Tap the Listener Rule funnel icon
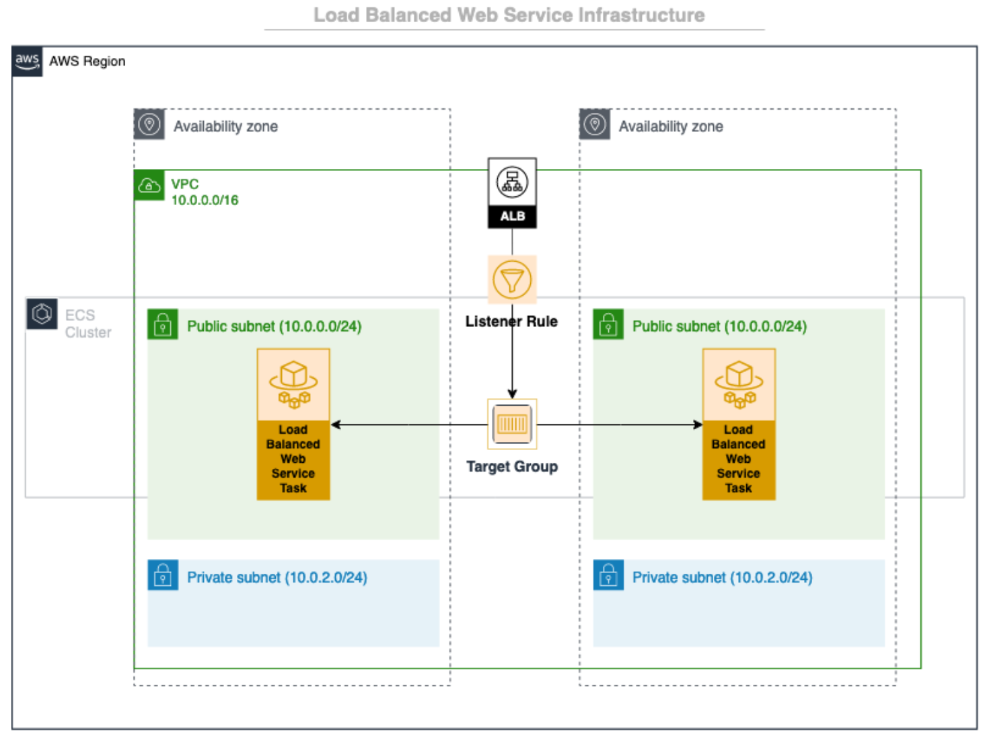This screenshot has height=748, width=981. tap(511, 280)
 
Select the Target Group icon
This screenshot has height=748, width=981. tap(511, 424)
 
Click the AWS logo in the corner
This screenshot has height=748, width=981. tap(27, 61)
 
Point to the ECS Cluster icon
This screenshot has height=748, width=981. tap(42, 314)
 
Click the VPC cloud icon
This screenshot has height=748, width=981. tap(149, 186)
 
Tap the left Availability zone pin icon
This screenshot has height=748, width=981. tap(149, 124)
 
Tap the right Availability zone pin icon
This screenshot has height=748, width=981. tap(595, 124)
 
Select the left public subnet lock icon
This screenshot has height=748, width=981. tap(163, 325)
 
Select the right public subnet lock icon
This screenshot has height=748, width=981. tap(608, 325)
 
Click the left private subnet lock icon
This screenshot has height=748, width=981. tap(163, 575)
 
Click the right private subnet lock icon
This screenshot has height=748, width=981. tap(608, 575)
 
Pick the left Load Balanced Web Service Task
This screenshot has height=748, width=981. tap(293, 424)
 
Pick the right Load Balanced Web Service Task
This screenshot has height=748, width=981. tap(738, 424)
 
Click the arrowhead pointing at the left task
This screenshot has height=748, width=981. tap(336, 424)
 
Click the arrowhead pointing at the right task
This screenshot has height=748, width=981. tap(698, 424)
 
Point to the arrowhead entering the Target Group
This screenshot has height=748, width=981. tap(512, 394)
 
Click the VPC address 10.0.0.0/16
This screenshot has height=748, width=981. tap(205, 200)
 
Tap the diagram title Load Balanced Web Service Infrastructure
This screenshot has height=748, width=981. tap(509, 15)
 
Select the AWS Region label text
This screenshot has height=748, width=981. tap(87, 61)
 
